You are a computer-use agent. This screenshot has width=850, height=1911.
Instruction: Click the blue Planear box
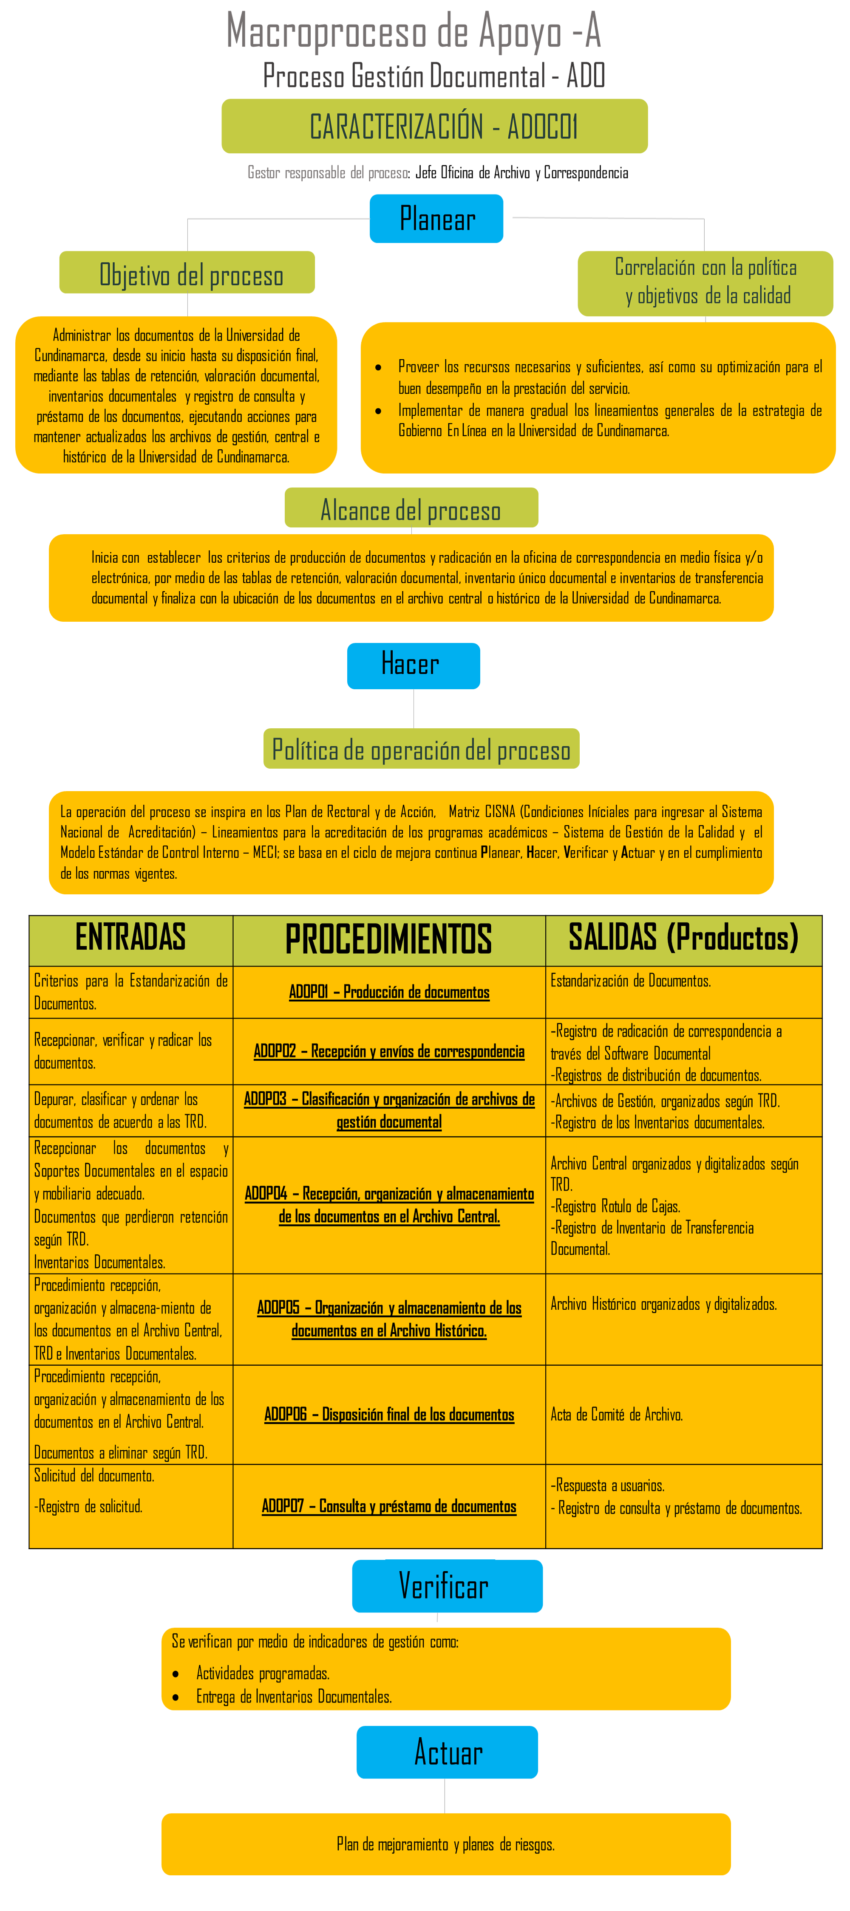[436, 219]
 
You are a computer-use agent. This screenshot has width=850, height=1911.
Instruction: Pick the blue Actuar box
[447, 1751]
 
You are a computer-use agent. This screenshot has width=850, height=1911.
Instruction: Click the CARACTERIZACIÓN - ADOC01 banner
[434, 126]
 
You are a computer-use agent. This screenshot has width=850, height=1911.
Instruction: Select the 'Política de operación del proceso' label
[421, 749]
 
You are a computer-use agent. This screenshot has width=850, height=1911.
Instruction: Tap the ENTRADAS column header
[130, 939]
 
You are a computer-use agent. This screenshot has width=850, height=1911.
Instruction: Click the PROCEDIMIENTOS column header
[389, 939]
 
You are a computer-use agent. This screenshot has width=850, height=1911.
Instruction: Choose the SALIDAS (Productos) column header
[683, 939]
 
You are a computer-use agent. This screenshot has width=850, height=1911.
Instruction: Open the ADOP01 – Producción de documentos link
[389, 992]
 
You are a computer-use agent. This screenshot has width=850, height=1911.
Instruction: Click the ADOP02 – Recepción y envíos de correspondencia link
[389, 1051]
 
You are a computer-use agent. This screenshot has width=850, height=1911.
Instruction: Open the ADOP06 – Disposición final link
[389, 1414]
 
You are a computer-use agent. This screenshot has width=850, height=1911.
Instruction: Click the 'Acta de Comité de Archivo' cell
[616, 1415]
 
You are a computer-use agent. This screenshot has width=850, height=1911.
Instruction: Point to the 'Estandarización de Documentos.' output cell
[630, 981]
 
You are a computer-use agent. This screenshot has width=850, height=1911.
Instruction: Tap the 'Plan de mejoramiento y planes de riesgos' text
[445, 1844]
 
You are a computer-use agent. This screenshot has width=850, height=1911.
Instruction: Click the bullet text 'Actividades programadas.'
[263, 1673]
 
